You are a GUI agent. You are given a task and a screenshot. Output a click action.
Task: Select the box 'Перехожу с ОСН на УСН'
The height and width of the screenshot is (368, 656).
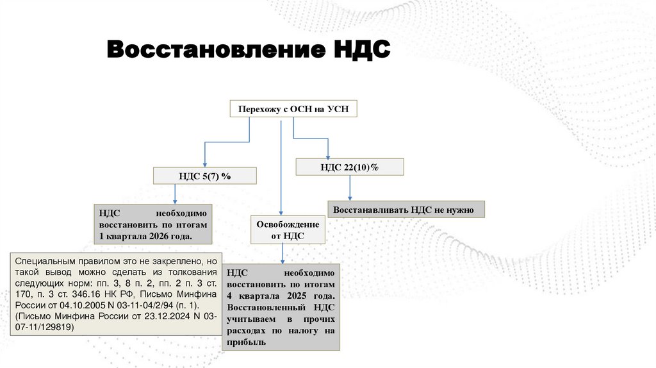tap(293, 109)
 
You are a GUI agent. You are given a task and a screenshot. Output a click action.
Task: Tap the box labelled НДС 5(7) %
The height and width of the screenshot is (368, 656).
tap(204, 176)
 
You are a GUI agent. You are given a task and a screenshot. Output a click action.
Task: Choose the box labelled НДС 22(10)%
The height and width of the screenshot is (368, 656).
tap(350, 167)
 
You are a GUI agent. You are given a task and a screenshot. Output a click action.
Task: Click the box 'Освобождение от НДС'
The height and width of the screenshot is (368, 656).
tap(288, 230)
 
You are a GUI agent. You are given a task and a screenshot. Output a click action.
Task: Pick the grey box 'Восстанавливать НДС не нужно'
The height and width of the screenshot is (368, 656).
tap(406, 210)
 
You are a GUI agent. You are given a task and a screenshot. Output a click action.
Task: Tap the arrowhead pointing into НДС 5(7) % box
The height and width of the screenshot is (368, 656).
tap(204, 164)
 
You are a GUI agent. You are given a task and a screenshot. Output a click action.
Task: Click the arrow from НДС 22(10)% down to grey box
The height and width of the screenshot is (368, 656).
tap(350, 188)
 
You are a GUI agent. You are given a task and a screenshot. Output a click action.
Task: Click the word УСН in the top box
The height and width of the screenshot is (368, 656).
tap(338, 109)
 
